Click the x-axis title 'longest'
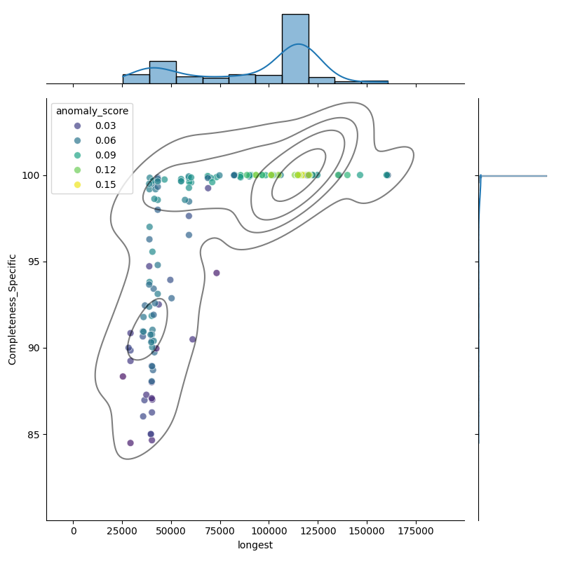[255, 545]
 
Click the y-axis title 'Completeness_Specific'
[12, 309]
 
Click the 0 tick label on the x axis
[74, 531]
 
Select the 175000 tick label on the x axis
[417, 531]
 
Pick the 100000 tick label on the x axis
[269, 531]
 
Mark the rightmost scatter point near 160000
[387, 175]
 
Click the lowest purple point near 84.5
[130, 442]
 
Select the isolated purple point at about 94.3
[216, 273]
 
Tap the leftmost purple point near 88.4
[123, 377]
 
